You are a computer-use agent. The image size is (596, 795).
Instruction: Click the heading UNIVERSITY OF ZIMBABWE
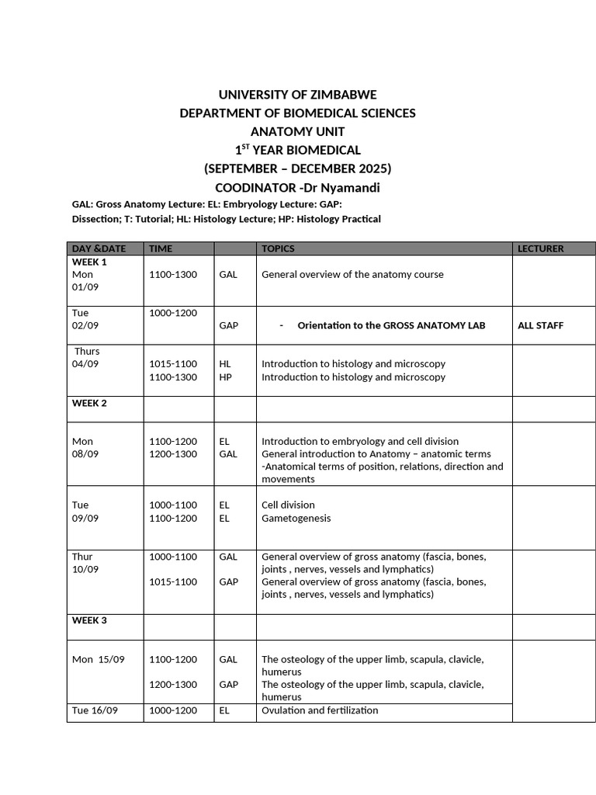tap(297, 95)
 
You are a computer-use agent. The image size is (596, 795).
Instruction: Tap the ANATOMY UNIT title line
tap(297, 132)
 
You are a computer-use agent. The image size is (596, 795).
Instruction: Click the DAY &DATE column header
tap(99, 248)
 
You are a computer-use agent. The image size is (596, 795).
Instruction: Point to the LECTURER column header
tap(541, 248)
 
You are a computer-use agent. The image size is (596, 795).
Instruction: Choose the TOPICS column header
tap(278, 248)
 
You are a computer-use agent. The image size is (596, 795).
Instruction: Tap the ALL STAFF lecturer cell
tap(540, 326)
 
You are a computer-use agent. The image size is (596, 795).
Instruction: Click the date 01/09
tap(85, 287)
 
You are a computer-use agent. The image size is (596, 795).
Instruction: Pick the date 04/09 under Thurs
tap(85, 364)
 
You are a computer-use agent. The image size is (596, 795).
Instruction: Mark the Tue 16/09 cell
tap(95, 710)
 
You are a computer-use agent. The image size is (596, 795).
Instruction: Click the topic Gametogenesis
tap(296, 519)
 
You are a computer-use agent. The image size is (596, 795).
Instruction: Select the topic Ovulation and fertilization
tap(320, 710)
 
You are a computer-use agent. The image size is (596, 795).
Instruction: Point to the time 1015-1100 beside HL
tap(173, 364)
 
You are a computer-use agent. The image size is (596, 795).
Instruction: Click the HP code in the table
tap(225, 377)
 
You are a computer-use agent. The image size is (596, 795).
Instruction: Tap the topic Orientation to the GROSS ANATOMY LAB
tap(391, 326)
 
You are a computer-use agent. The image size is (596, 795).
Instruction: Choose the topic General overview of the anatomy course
tap(352, 275)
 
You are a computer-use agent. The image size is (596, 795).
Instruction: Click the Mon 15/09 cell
tap(98, 660)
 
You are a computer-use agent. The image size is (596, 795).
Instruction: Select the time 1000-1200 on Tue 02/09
tap(173, 313)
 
